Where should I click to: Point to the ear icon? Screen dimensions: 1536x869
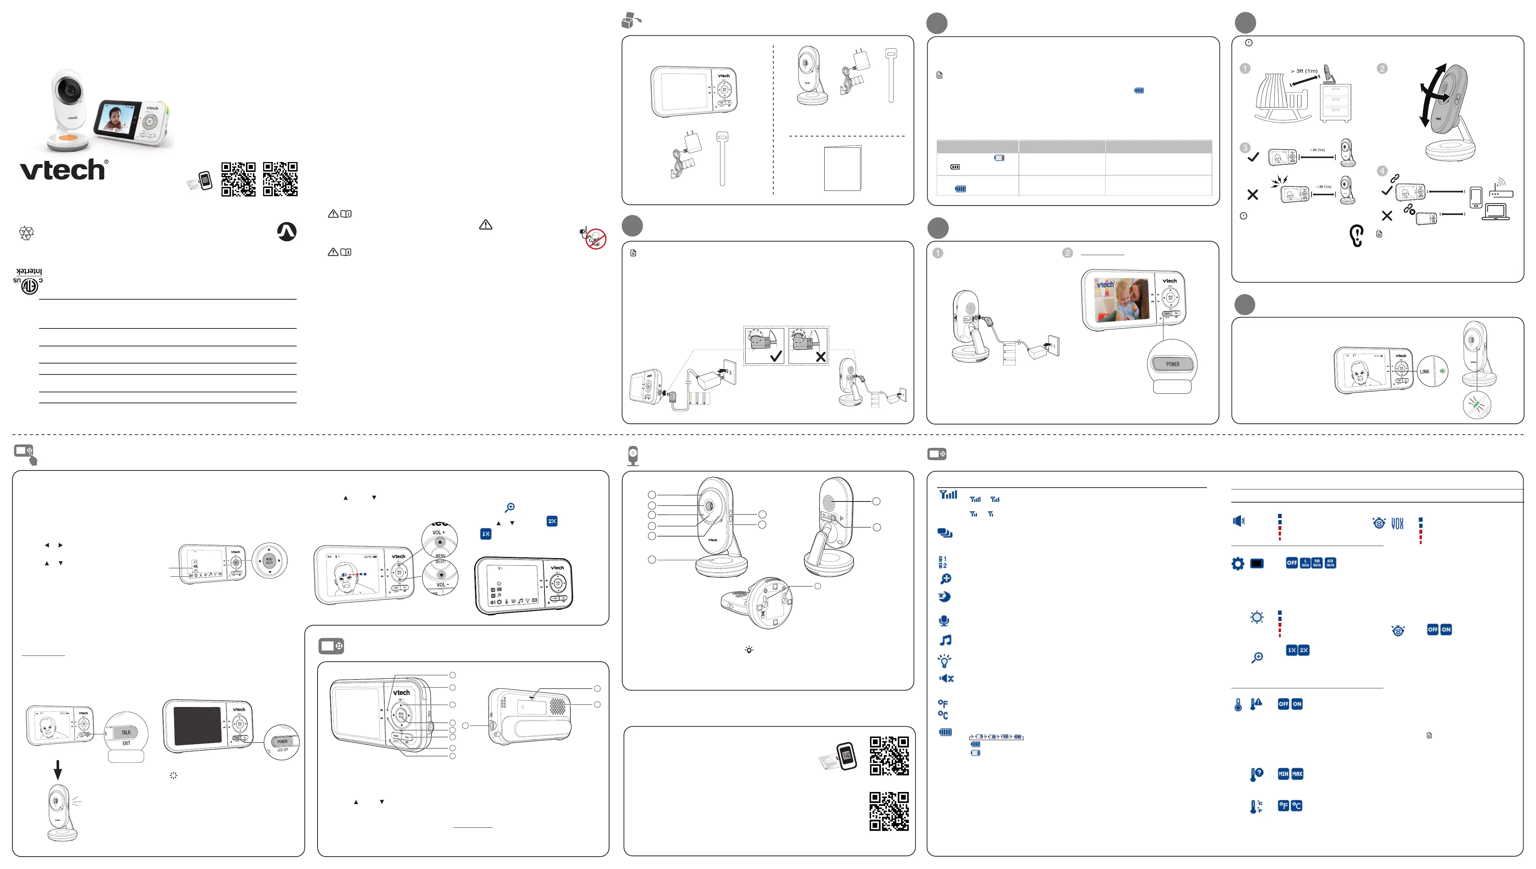click(1356, 235)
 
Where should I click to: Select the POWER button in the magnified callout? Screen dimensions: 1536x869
click(1172, 364)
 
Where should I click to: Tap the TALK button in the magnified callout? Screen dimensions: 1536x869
click(126, 733)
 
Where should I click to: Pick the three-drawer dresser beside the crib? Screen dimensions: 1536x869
click(1336, 103)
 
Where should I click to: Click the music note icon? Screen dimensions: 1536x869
click(945, 641)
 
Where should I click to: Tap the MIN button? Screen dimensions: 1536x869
click(1283, 774)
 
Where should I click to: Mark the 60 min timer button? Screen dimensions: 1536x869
click(1330, 563)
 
